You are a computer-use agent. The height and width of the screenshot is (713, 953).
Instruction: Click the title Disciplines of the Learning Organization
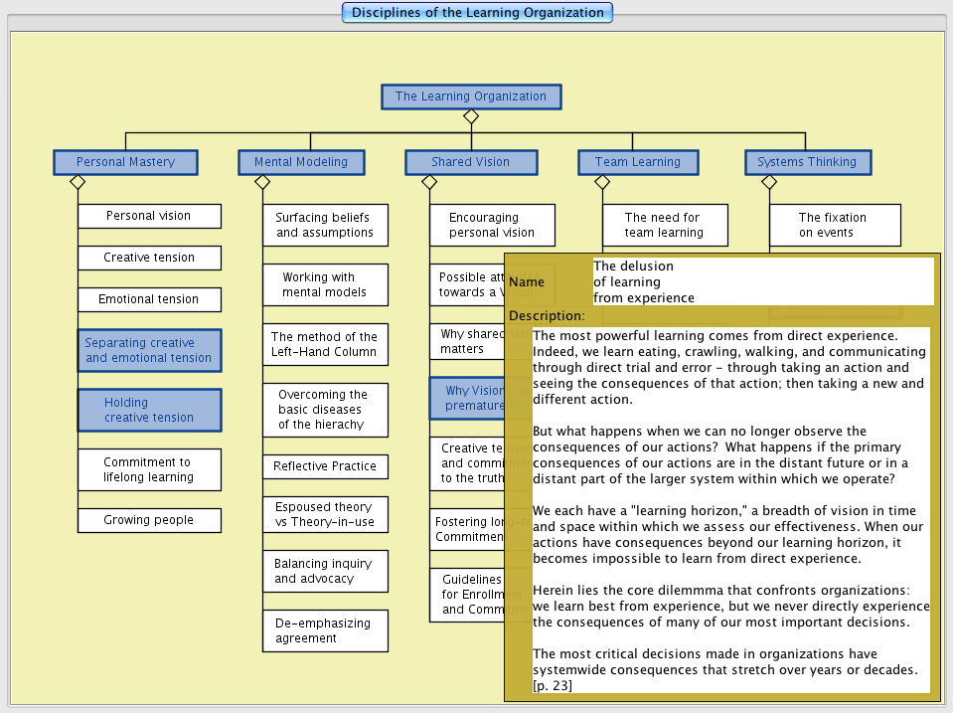pos(477,13)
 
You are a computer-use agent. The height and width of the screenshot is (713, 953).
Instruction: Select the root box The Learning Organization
pos(471,96)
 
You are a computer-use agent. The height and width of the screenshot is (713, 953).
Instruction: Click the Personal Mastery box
pos(125,162)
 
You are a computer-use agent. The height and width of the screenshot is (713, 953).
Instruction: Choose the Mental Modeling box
pos(301,162)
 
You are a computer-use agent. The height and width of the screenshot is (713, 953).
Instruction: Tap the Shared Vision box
pos(471,162)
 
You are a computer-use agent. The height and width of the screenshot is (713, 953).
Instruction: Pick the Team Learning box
pos(638,162)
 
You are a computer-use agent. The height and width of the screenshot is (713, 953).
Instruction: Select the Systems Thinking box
pos(807,162)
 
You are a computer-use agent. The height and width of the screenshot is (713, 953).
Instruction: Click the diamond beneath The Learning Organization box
pos(471,116)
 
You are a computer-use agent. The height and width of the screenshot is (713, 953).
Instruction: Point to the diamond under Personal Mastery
pos(78,182)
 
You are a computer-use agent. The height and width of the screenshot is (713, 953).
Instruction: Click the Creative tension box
pos(149,258)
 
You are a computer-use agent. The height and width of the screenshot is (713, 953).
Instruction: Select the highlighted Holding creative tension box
pos(149,410)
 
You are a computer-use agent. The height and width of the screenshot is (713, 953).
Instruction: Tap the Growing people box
pos(149,520)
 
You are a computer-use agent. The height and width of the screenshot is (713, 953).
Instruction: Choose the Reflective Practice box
pos(325,466)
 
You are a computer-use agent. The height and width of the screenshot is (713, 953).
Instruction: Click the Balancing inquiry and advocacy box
pos(325,571)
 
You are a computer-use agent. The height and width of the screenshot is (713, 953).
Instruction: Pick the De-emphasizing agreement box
pos(325,630)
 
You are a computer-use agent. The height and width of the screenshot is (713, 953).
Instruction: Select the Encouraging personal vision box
pos(492,225)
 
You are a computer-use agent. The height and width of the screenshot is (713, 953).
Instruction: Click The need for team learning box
pos(664,225)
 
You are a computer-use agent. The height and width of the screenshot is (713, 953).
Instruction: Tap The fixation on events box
pos(834,225)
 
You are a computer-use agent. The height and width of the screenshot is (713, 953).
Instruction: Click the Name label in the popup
pos(527,282)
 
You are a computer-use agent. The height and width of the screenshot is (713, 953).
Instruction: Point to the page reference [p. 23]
pos(553,685)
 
